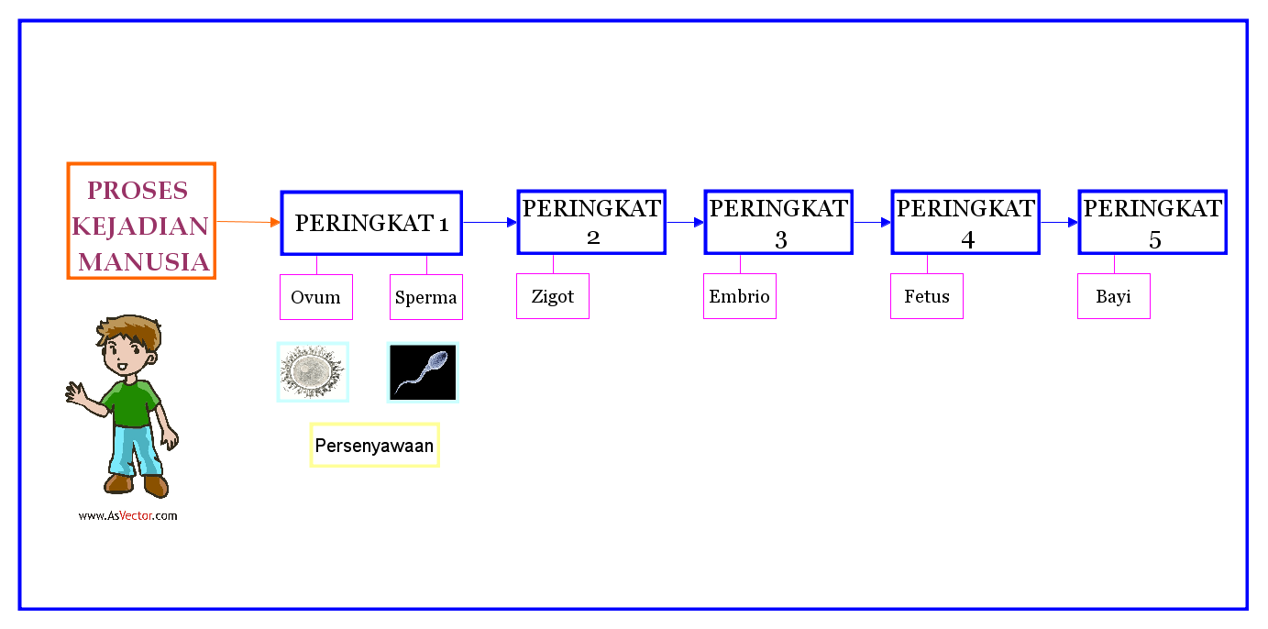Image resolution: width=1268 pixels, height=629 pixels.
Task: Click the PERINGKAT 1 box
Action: click(371, 223)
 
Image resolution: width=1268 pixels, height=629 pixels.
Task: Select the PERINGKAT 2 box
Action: click(591, 222)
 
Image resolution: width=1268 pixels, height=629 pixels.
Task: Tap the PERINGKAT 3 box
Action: click(778, 222)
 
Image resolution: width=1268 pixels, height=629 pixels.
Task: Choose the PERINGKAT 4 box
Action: click(965, 222)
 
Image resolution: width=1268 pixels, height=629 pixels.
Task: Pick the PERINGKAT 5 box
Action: click(1152, 222)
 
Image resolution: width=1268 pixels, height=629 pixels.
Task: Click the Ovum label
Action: click(316, 297)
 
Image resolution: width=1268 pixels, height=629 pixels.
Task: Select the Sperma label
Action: click(426, 297)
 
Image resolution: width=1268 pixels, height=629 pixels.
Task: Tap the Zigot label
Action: click(553, 296)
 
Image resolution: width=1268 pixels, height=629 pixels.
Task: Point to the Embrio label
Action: click(740, 296)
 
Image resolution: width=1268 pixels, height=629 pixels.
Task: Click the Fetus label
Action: click(927, 296)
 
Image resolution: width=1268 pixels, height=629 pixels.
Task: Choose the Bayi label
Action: click(1114, 296)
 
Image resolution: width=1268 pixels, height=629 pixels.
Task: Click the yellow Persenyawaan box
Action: click(374, 446)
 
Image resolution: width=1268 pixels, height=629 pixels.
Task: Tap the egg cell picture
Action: click(313, 372)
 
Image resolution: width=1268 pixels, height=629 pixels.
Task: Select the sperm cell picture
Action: click(423, 372)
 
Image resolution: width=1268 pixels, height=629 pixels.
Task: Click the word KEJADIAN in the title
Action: click(140, 226)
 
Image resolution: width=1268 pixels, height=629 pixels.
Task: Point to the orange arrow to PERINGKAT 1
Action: click(248, 222)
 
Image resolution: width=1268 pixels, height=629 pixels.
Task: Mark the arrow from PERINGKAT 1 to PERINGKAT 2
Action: click(490, 222)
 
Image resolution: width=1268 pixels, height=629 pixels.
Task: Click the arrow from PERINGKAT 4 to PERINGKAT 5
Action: click(1059, 222)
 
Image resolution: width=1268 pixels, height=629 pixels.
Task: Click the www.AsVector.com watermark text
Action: click(127, 515)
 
